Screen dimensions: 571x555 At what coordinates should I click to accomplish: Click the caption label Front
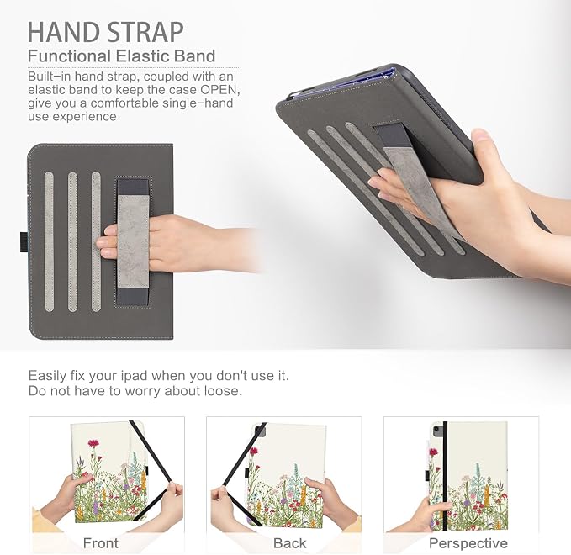(101, 543)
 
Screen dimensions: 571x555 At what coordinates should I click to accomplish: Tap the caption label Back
(289, 543)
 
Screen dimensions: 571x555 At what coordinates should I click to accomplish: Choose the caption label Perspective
(468, 543)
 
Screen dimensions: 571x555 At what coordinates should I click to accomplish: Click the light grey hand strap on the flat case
(133, 241)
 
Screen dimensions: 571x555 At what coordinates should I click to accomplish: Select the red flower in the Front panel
(93, 443)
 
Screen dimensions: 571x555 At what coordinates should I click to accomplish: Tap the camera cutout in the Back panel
(260, 431)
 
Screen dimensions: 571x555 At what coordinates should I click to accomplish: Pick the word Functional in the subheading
(69, 56)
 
